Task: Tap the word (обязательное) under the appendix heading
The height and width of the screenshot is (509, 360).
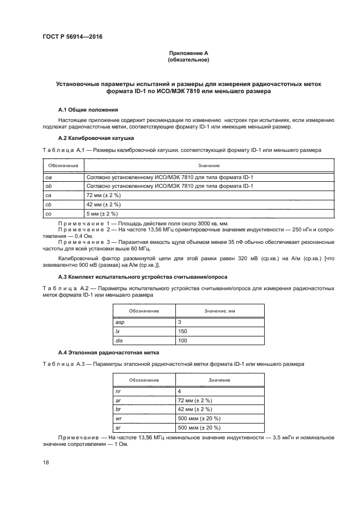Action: click(x=188, y=60)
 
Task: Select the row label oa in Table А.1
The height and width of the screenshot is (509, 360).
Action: click(x=48, y=177)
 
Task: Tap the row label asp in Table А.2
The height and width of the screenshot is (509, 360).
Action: click(x=120, y=322)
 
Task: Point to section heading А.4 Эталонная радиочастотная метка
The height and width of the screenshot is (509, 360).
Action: click(x=106, y=353)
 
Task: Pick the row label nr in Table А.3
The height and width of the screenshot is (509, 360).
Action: click(x=117, y=391)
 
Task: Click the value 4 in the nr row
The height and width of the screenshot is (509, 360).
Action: click(x=179, y=391)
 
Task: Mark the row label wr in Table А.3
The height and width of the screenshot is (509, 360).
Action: click(x=118, y=419)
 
